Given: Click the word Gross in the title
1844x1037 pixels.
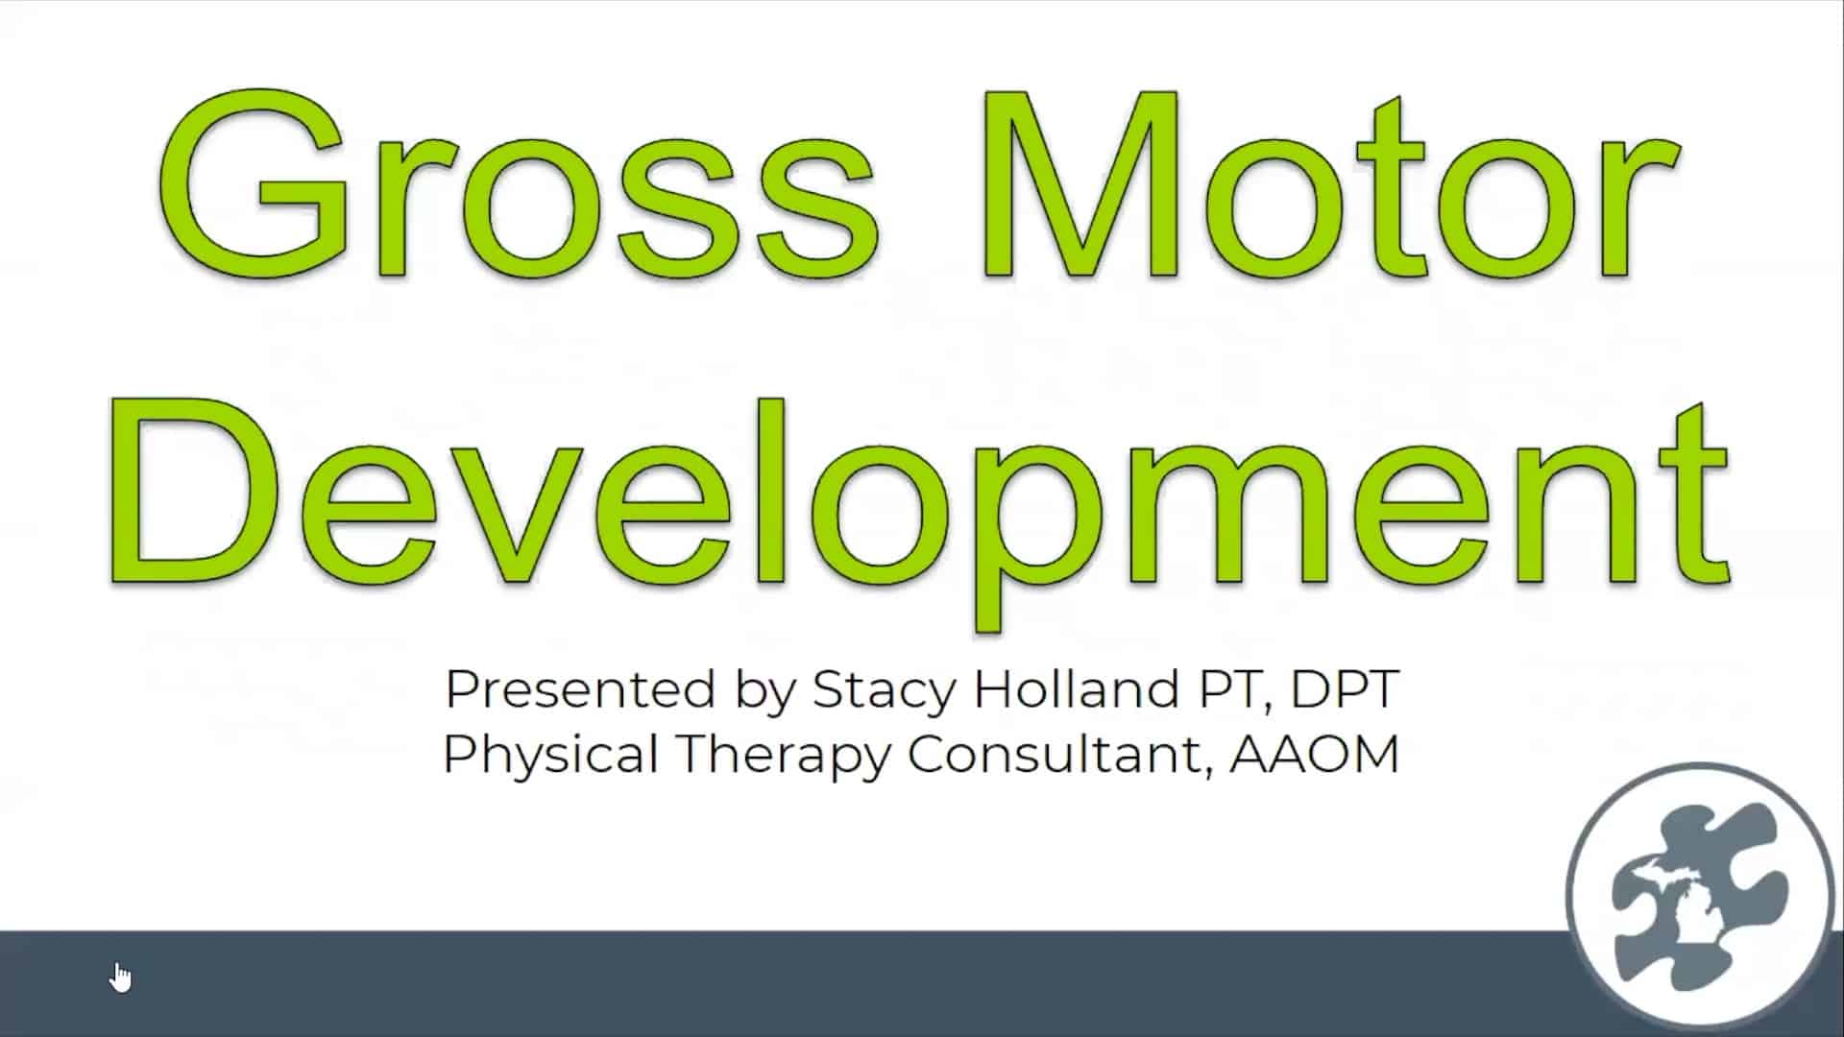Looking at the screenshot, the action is tap(517, 184).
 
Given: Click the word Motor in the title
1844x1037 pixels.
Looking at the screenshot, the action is tap(1329, 184).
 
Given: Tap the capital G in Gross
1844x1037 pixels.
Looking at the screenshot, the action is tap(254, 184).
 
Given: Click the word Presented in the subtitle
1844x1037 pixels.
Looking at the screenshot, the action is tap(582, 689).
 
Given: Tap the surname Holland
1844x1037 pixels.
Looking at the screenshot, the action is tap(1077, 688).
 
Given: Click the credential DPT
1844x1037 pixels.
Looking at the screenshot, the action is tap(1345, 688).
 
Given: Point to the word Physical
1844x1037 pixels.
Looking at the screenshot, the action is tap(550, 755).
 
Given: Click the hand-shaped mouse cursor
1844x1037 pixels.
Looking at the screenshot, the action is tap(121, 977).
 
